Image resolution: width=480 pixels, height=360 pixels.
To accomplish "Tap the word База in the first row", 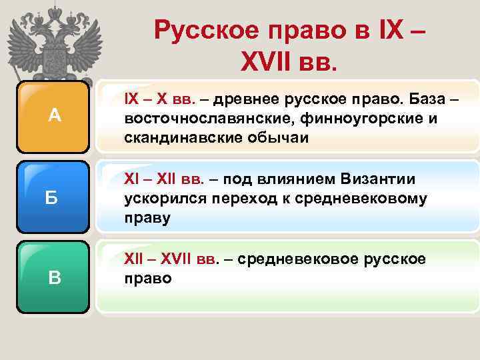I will click(x=414, y=100).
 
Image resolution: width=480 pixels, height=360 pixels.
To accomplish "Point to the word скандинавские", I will click(x=175, y=137).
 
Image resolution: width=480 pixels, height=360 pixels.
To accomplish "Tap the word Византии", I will click(x=377, y=179).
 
